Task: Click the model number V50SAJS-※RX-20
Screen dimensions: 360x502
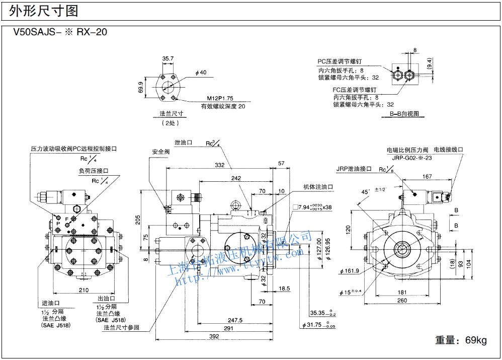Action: pos(60,32)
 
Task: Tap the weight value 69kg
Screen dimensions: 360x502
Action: pos(475,340)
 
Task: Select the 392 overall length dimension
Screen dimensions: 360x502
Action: pos(214,337)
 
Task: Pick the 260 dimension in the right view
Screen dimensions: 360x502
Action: pos(402,301)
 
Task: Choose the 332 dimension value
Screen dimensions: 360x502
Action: pos(220,165)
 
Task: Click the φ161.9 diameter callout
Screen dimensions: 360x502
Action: pos(350,271)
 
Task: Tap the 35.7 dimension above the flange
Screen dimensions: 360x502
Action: pos(168,58)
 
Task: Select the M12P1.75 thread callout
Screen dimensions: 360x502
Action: pos(220,98)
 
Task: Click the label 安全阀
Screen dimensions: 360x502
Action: pos(161,152)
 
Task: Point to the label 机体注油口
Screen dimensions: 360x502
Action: pos(318,187)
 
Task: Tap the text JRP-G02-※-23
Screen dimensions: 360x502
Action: pos(412,158)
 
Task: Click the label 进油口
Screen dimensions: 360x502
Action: pos(50,303)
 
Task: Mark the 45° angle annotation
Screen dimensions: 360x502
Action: pos(366,192)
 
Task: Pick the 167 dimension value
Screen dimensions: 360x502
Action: pos(427,176)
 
